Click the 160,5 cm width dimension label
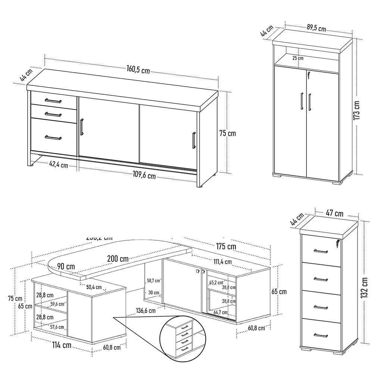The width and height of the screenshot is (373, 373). [138, 69]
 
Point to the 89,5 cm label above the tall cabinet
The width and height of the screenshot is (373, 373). [316, 28]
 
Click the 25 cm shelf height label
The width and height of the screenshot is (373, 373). [298, 58]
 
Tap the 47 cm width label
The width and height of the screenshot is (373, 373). [335, 213]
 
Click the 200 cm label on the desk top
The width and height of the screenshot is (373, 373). [117, 258]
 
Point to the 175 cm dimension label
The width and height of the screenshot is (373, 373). [225, 246]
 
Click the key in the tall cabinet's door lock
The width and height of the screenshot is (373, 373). [308, 76]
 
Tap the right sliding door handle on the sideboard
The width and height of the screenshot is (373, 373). [194, 140]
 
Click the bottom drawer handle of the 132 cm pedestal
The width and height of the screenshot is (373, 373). [321, 334]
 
